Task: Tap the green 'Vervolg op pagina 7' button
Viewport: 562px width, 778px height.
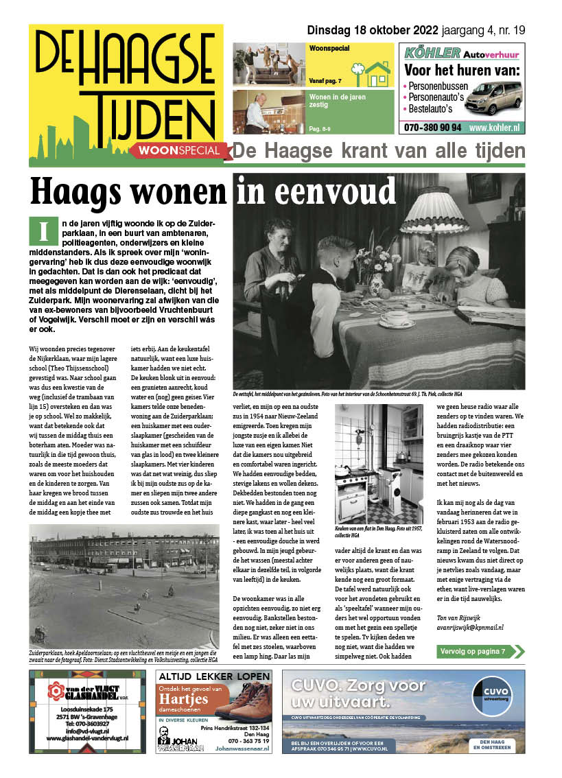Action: click(476, 651)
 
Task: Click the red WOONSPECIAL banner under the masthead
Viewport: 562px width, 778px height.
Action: click(179, 150)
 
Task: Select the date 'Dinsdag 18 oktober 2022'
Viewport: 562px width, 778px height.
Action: click(362, 30)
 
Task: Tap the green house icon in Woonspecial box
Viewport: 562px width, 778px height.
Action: click(377, 70)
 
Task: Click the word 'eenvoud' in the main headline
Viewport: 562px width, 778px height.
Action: click(315, 191)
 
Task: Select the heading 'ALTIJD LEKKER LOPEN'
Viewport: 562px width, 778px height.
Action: click(215, 676)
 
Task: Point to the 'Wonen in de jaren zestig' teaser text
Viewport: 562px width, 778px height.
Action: click(338, 102)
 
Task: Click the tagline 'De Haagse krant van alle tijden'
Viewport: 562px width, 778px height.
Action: click(379, 151)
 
